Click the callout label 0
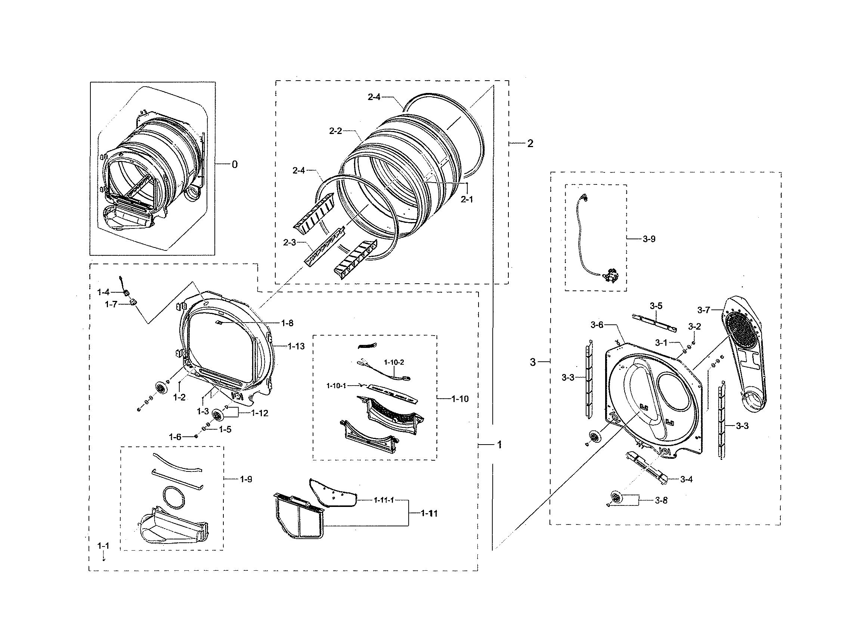click(x=234, y=164)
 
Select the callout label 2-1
click(x=467, y=199)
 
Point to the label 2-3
click(x=289, y=243)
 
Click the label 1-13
click(x=296, y=346)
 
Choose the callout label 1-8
click(x=287, y=323)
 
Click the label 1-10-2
click(x=394, y=362)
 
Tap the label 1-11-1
click(x=384, y=500)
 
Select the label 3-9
click(x=649, y=239)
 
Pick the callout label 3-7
click(x=703, y=310)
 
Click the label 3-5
click(x=656, y=306)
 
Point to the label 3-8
click(x=661, y=500)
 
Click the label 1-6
click(x=175, y=437)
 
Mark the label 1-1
click(x=103, y=546)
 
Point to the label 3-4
click(x=686, y=479)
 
